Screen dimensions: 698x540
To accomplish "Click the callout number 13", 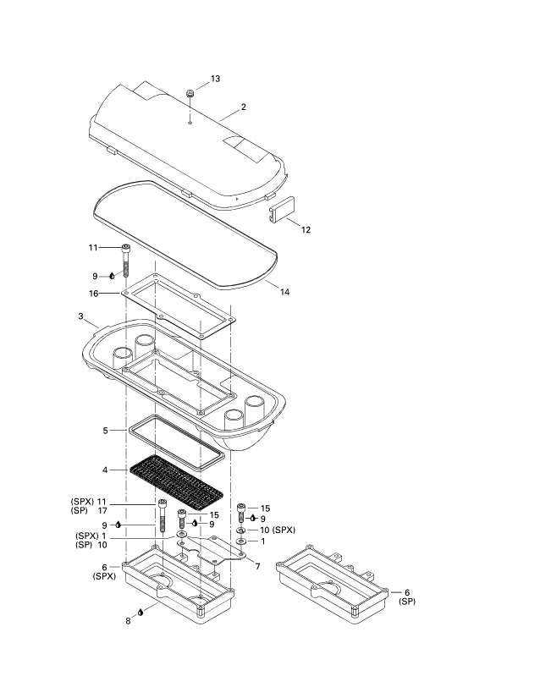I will [215, 79].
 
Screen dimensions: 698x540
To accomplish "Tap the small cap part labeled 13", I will [190, 93].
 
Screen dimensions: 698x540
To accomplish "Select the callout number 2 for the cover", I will [244, 107].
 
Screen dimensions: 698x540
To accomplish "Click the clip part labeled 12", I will [280, 208].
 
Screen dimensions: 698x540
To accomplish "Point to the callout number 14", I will [284, 292].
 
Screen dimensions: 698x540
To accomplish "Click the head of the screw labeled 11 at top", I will [126, 248].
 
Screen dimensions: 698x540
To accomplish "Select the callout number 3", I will [80, 316].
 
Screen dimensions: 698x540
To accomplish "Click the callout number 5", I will [105, 430].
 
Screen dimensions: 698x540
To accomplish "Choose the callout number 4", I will [105, 468].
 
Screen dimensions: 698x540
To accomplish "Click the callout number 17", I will [102, 511].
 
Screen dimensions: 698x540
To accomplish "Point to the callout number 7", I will [256, 565].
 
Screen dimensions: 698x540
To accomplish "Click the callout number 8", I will [128, 620].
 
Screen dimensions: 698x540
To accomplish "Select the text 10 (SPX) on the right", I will [278, 530].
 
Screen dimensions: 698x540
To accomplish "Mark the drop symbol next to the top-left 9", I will [111, 276].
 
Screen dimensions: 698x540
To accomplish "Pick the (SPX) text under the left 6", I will [103, 576].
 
